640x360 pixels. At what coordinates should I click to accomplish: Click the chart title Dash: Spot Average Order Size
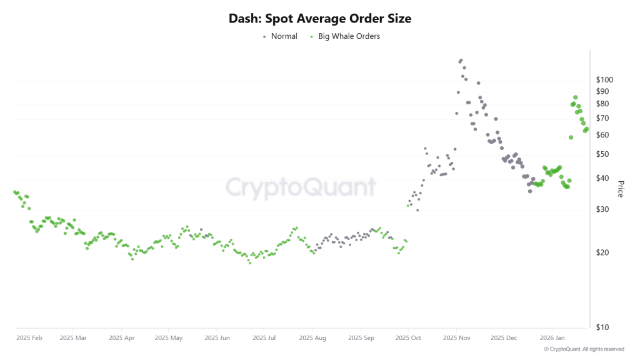[x=320, y=19]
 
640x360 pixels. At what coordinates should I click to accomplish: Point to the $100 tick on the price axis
[x=605, y=80]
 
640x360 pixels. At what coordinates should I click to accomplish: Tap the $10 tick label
[x=603, y=327]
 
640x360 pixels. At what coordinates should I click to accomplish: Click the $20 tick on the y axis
[x=603, y=253]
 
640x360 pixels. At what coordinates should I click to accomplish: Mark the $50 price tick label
[x=603, y=154]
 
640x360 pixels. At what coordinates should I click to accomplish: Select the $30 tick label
[x=603, y=209]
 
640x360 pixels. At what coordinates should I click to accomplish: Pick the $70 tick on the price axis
[x=603, y=119]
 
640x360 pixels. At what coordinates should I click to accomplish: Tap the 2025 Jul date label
[x=264, y=338]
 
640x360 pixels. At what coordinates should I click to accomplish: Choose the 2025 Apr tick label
[x=121, y=338]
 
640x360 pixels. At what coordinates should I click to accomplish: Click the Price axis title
[x=620, y=189]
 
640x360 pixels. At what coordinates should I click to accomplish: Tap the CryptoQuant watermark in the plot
[x=301, y=187]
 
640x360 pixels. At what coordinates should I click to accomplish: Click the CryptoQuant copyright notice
[x=584, y=349]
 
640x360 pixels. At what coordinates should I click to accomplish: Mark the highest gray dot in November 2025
[x=461, y=61]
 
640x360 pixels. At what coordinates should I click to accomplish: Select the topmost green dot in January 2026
[x=575, y=97]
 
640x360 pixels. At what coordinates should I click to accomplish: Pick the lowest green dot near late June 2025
[x=250, y=262]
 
